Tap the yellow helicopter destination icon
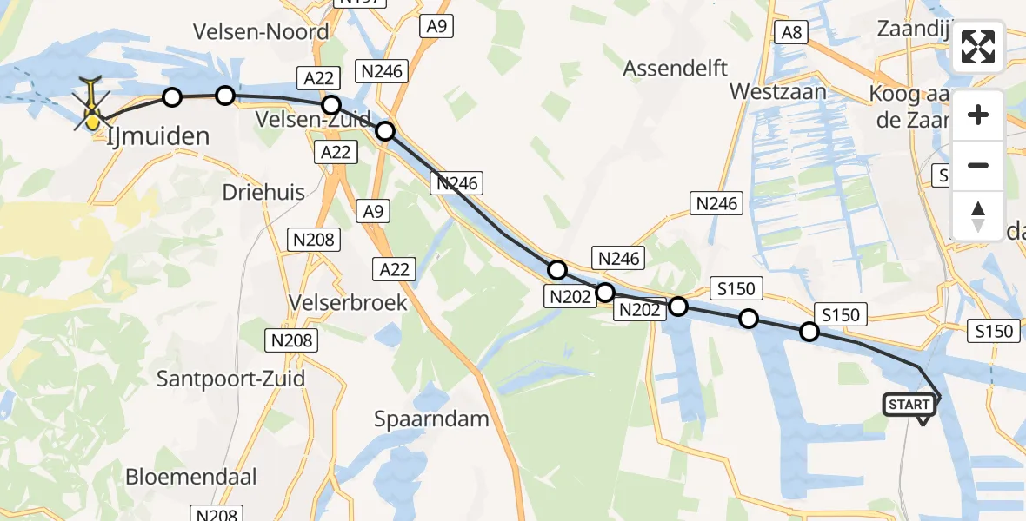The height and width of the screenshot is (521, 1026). coord(91,110)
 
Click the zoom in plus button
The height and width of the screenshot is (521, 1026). coord(978,115)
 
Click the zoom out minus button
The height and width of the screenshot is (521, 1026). coord(978,165)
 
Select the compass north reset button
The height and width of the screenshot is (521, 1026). coord(978,215)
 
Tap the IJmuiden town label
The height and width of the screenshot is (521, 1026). coord(159,136)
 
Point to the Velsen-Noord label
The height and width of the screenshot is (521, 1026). coord(262,32)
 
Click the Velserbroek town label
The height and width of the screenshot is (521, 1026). coord(353,302)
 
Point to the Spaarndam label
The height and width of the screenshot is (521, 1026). coord(431,419)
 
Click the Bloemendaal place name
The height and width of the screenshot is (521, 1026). coord(190,476)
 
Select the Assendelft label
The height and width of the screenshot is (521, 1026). coord(676,68)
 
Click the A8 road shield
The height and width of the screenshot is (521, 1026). coord(792,33)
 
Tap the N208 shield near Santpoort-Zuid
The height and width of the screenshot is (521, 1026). coord(290,340)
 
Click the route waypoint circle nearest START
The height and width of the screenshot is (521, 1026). coord(809,332)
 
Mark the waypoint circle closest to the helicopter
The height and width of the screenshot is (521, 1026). coord(172,97)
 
